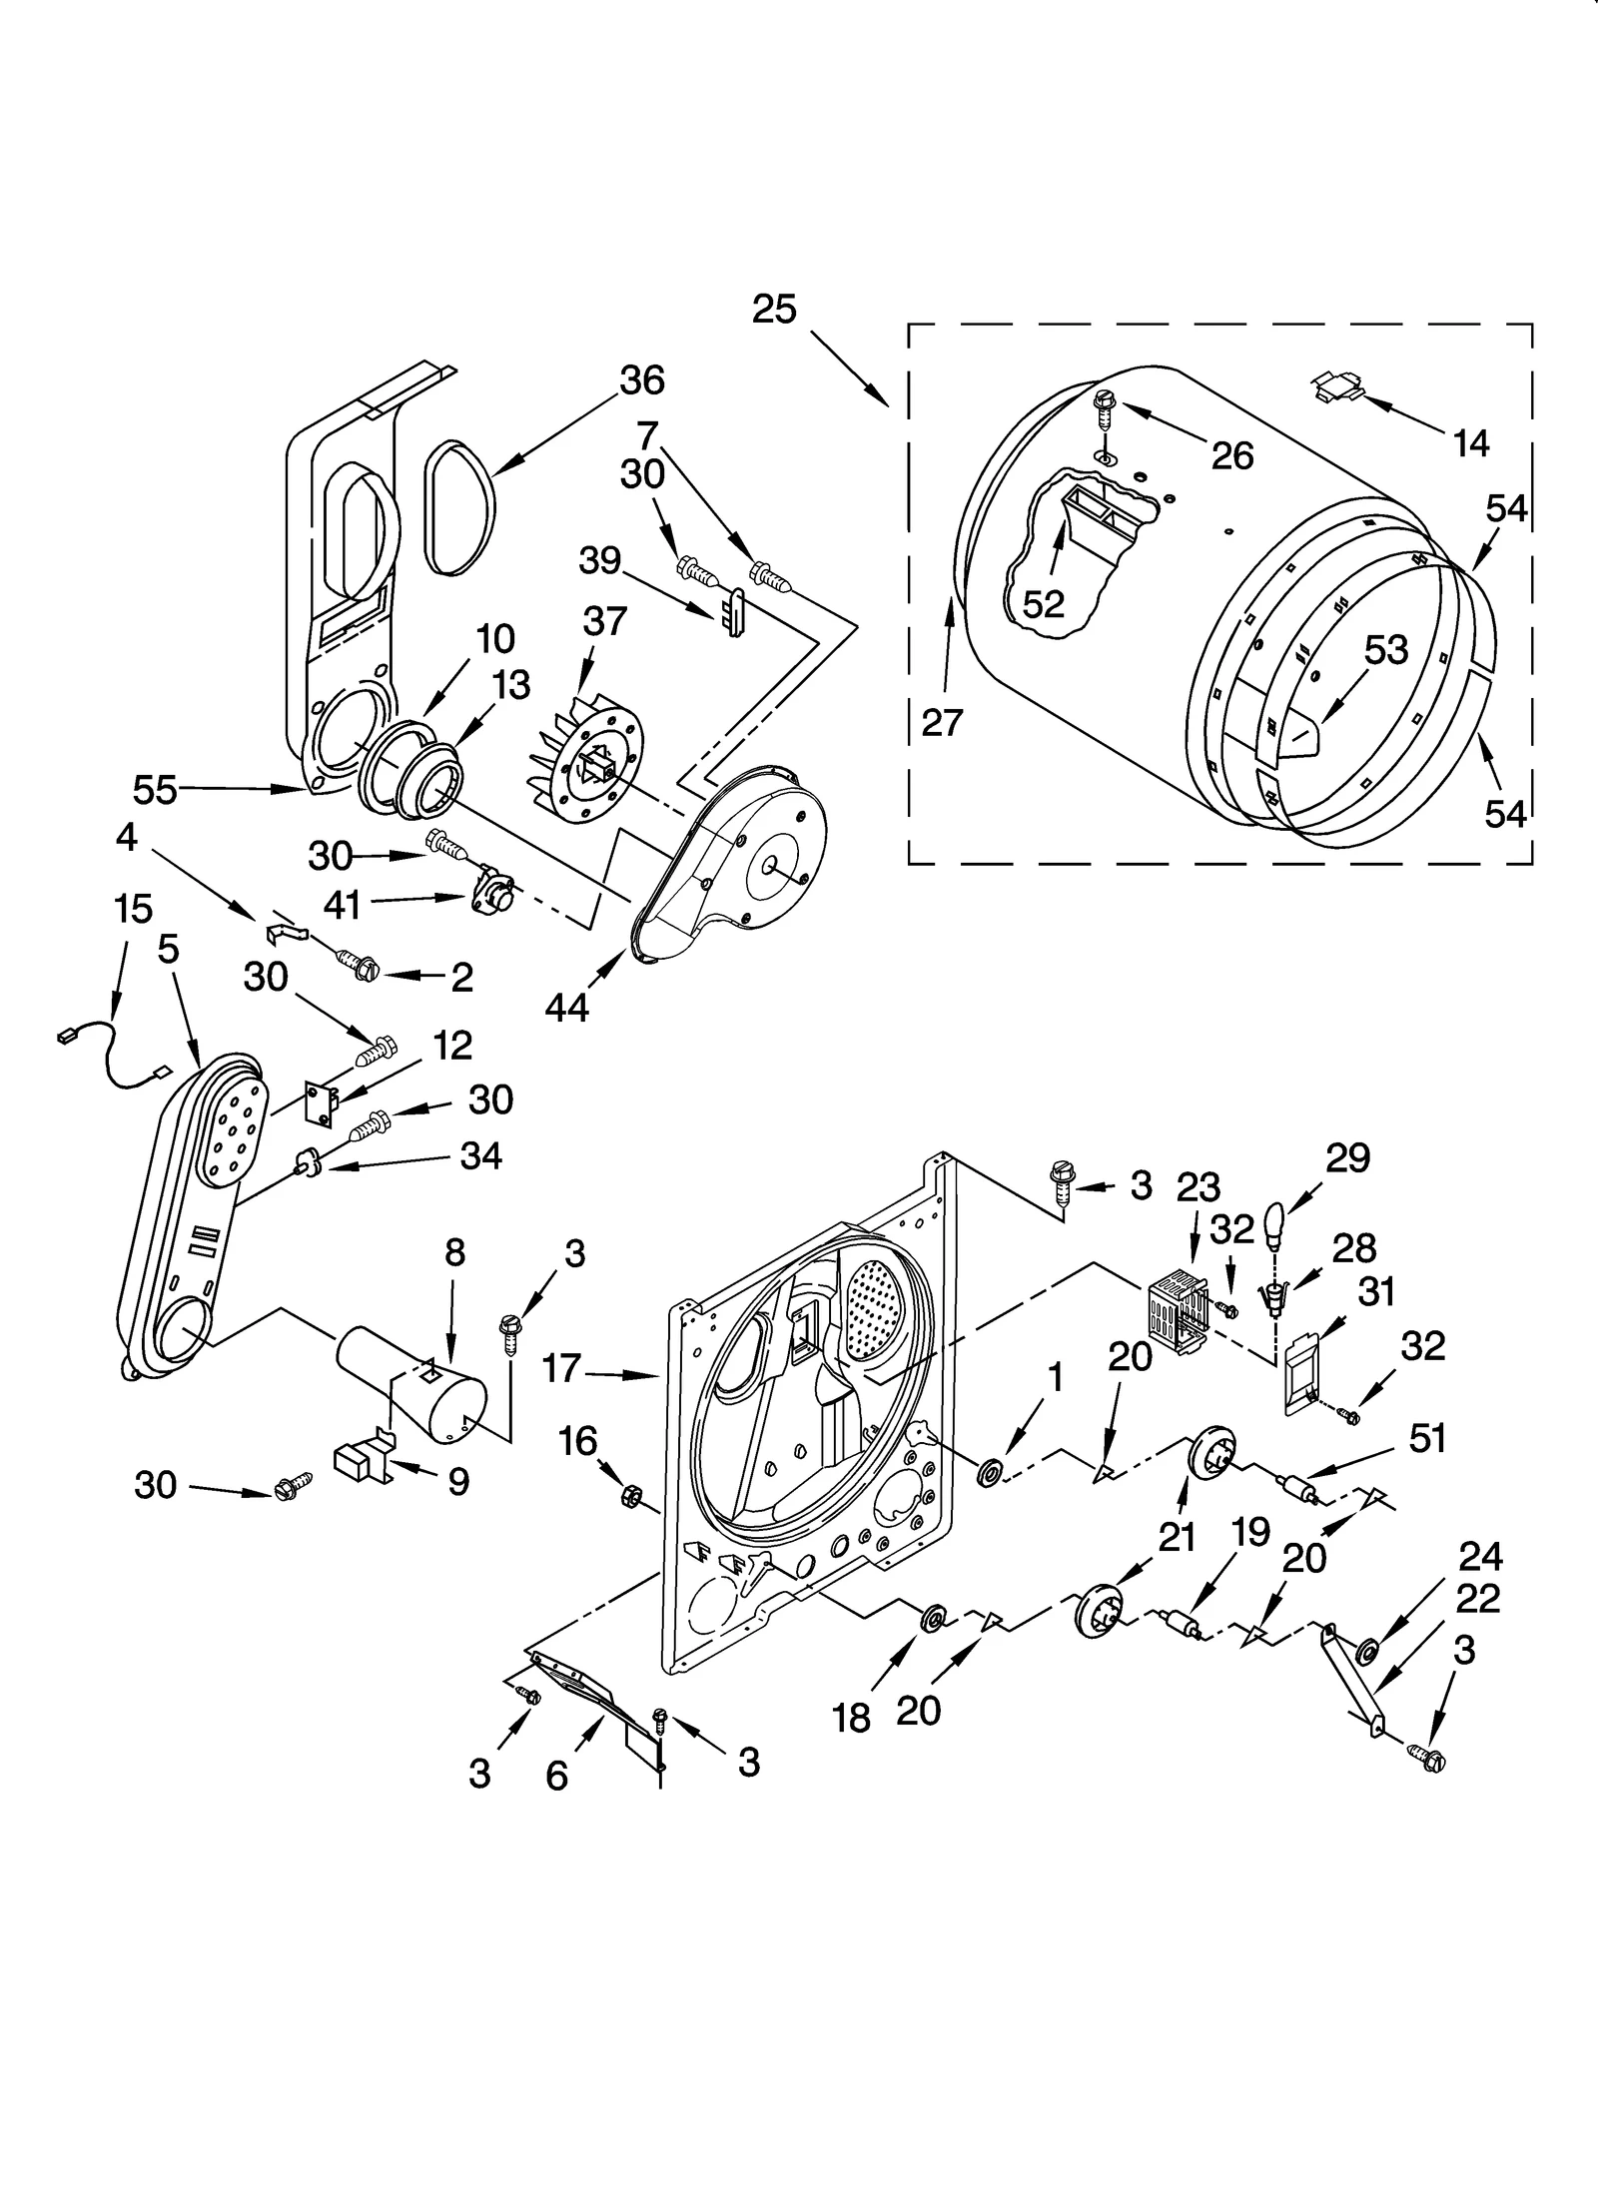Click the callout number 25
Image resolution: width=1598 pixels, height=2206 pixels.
coord(774,310)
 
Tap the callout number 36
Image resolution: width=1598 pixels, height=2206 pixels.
coord(641,380)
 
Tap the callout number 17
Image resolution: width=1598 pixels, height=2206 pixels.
coord(561,1367)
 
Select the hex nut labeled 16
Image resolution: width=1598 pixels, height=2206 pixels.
coord(631,1495)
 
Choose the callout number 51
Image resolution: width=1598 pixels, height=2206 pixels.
coord(1427,1439)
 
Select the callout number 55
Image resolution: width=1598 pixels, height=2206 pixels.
coord(155,790)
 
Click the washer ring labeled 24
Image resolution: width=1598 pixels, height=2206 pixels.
coord(1365,1647)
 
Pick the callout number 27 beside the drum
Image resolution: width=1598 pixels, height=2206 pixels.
coord(941,721)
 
